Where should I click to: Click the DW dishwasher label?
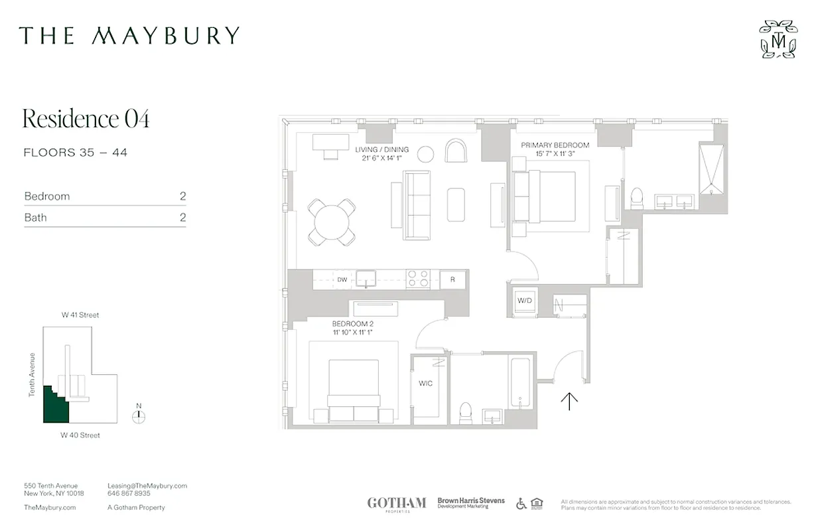coord(342,279)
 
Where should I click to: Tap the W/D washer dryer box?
coord(525,301)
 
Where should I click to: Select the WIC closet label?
coord(425,384)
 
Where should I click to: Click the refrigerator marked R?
coord(452,279)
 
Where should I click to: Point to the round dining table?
coord(332,222)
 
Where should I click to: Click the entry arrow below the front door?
coord(569,401)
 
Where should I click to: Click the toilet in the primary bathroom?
coord(637,197)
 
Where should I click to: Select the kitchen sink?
coord(366,279)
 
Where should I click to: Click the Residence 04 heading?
coord(86,119)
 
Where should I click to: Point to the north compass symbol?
coord(138,416)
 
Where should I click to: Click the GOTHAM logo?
coord(397,503)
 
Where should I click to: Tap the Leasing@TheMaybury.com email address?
coord(147,486)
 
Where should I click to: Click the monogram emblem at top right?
coord(778,39)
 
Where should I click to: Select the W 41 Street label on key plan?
coord(80,315)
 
